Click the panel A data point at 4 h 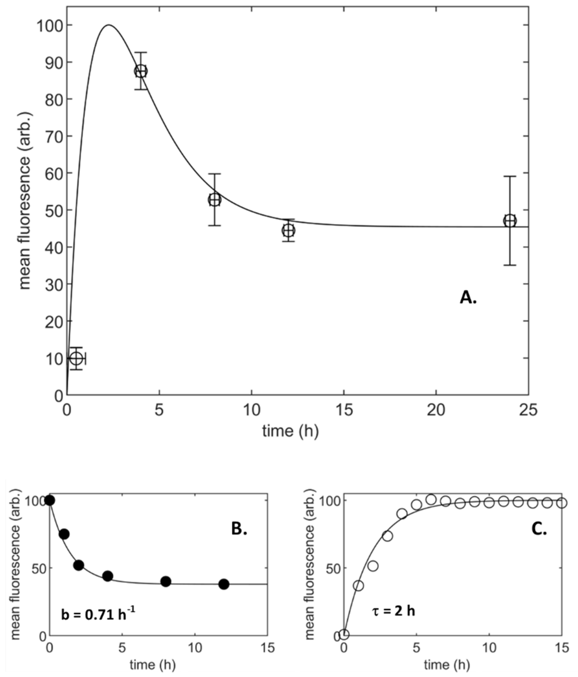pyautogui.click(x=141, y=71)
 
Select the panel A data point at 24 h pyautogui.click(x=510, y=221)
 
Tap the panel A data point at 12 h pyautogui.click(x=289, y=231)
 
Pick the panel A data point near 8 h pyautogui.click(x=214, y=200)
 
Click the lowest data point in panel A pyautogui.click(x=76, y=359)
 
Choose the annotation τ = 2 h pyautogui.click(x=393, y=610)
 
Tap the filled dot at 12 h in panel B pyautogui.click(x=224, y=584)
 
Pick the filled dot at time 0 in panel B pyautogui.click(x=50, y=500)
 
